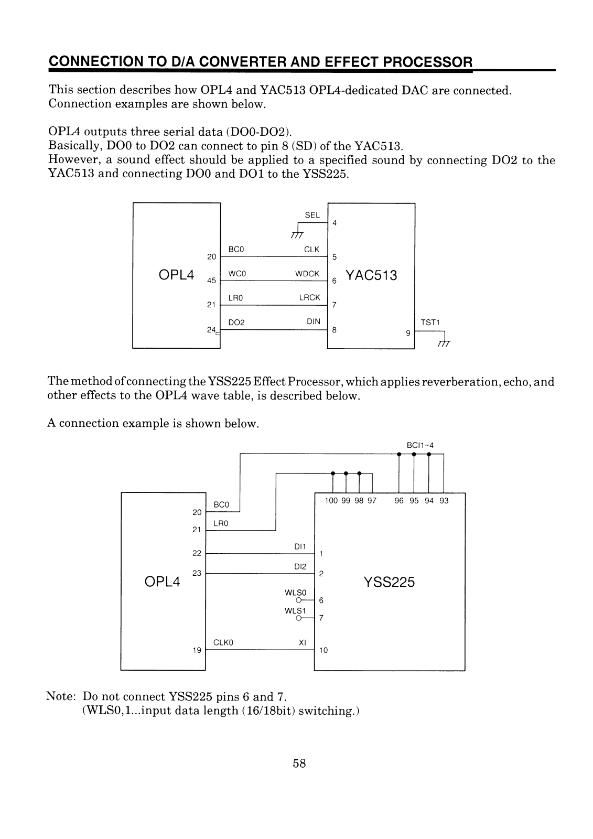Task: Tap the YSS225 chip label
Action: (x=389, y=582)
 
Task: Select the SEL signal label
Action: (x=312, y=215)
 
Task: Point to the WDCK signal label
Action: (x=307, y=274)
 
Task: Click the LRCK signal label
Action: (x=309, y=297)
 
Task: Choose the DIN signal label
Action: (x=314, y=321)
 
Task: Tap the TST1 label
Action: (x=429, y=322)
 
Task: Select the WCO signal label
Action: (x=237, y=274)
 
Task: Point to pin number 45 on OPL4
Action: (x=211, y=281)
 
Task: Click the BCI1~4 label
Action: (x=420, y=445)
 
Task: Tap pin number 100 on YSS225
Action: (x=331, y=501)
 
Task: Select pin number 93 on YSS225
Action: (x=444, y=501)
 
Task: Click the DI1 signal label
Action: (x=300, y=546)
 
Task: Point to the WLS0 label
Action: (x=292, y=593)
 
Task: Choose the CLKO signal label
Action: (x=223, y=642)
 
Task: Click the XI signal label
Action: (x=303, y=642)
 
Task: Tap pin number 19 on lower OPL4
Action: (x=197, y=650)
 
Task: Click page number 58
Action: (x=299, y=763)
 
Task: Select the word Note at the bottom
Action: (x=61, y=697)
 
